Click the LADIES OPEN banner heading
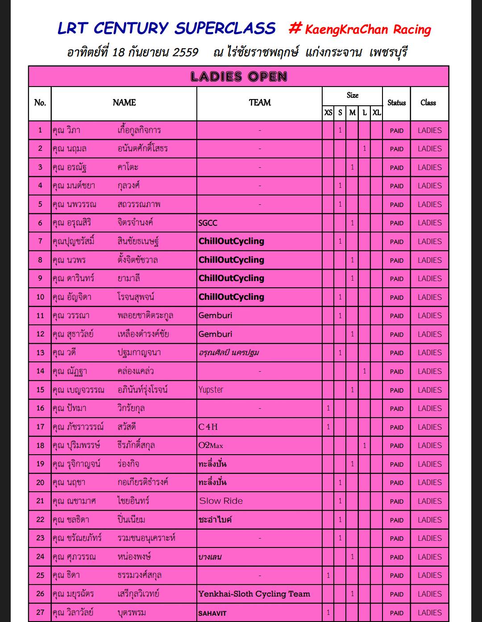[x=238, y=77]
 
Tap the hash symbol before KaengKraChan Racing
[x=295, y=29]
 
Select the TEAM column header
[x=260, y=103]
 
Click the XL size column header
[x=377, y=112]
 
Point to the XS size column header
[x=328, y=112]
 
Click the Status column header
[x=396, y=103]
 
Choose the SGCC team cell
[x=208, y=223]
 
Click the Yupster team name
[x=211, y=390]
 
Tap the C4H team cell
[x=208, y=427]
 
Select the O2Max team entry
[x=211, y=445]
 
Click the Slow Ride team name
[x=221, y=501]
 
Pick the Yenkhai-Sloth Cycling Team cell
[x=254, y=594]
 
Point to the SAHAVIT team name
[x=212, y=613]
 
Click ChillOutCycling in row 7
[x=231, y=241]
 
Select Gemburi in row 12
[x=215, y=334]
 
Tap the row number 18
[x=40, y=445]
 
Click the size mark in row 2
[x=364, y=149]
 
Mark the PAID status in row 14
[x=396, y=371]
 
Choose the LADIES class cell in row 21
[x=429, y=501]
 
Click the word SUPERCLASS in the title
[x=225, y=29]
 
